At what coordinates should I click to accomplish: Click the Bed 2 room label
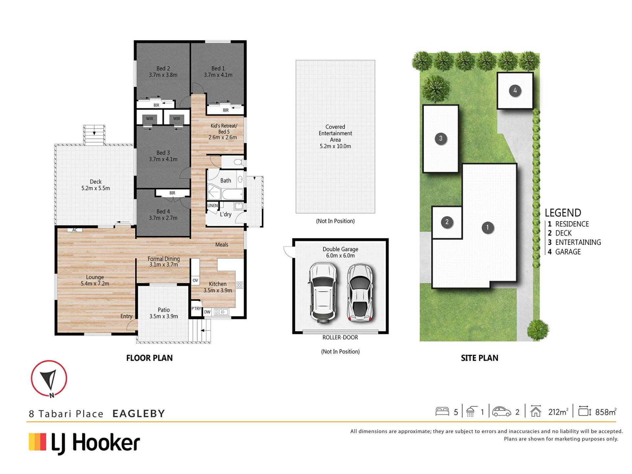(163, 71)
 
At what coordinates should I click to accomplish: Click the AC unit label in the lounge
(75, 230)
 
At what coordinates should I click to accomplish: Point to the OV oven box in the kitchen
(195, 280)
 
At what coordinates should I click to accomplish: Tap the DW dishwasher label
(207, 312)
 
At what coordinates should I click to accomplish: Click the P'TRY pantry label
(196, 308)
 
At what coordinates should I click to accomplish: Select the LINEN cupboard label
(212, 205)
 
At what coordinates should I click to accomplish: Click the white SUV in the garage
(323, 292)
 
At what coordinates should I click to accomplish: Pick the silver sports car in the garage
(360, 292)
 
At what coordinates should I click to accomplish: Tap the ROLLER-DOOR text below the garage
(340, 337)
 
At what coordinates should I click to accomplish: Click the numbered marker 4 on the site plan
(515, 91)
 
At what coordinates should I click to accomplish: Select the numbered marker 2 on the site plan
(447, 222)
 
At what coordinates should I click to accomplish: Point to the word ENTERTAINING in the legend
(578, 242)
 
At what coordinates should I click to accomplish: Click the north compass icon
(49, 379)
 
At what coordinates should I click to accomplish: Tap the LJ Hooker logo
(85, 443)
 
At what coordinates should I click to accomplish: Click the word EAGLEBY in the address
(139, 413)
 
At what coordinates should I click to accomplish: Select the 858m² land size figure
(606, 412)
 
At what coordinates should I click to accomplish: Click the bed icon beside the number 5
(442, 411)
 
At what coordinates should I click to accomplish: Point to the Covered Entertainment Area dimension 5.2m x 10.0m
(335, 146)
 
